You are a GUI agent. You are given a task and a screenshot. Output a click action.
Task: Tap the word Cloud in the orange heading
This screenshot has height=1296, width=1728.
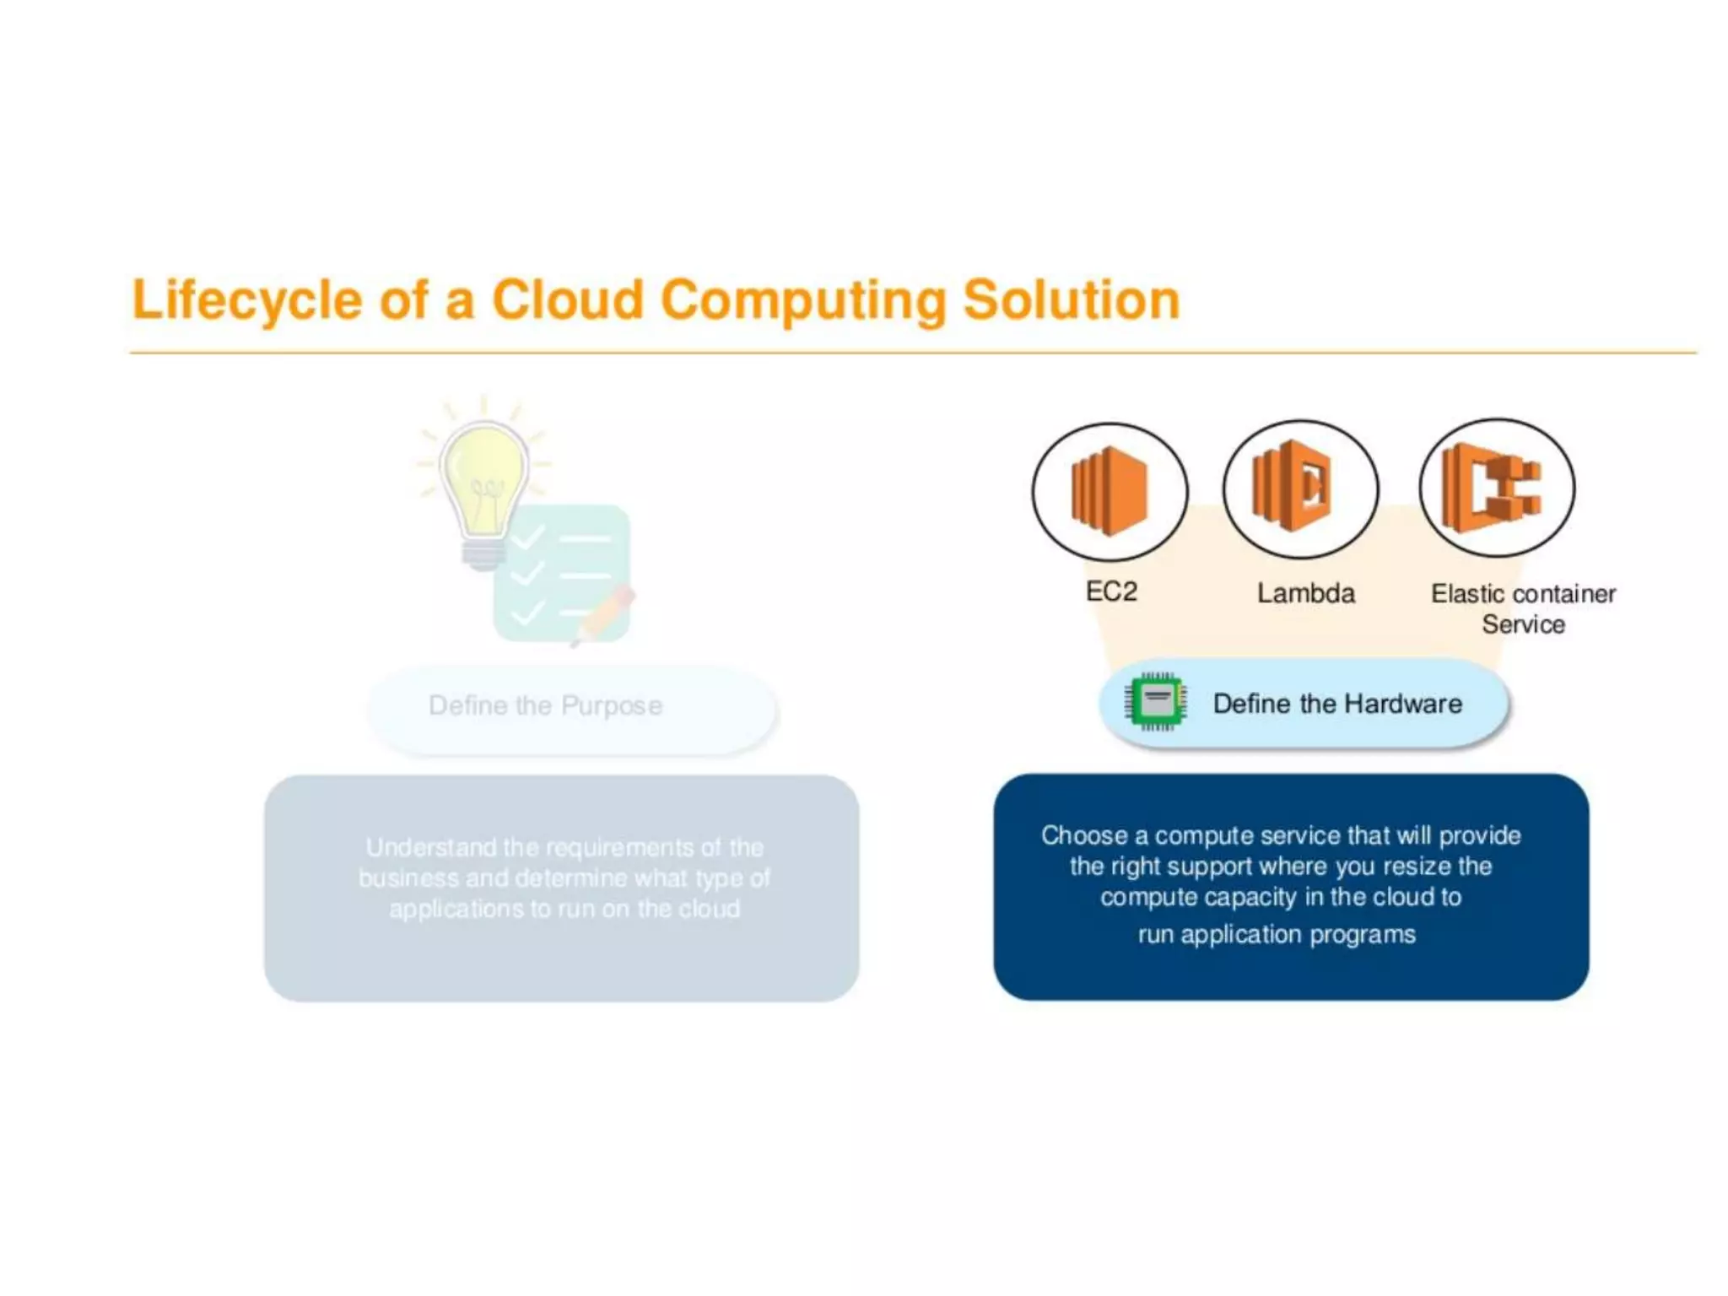[x=568, y=300]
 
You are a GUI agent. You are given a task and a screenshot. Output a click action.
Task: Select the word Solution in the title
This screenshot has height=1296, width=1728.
[x=1071, y=300]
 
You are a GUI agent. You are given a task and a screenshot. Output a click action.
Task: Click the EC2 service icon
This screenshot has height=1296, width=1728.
[x=1110, y=491]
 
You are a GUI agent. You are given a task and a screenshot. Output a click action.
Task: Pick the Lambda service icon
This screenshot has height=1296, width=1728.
[x=1300, y=489]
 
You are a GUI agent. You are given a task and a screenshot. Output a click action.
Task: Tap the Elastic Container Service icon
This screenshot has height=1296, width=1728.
[x=1496, y=488]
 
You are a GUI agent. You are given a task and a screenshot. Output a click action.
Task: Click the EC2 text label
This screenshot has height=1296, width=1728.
[x=1111, y=591]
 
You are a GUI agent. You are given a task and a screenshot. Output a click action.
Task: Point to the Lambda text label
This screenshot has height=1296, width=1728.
[x=1306, y=593]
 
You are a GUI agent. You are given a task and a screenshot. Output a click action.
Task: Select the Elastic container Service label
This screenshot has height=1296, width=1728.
[x=1523, y=608]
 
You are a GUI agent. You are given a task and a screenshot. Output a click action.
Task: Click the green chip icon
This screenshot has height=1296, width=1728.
[x=1156, y=702]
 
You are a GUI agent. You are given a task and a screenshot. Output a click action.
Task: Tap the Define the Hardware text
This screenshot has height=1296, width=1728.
[x=1337, y=704]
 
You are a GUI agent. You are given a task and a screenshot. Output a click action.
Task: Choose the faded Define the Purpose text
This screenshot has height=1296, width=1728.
[x=545, y=705]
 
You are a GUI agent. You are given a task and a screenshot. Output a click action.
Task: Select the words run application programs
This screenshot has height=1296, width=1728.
[x=1277, y=935]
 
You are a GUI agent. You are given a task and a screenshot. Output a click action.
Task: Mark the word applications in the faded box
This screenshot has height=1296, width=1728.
[x=456, y=910]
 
